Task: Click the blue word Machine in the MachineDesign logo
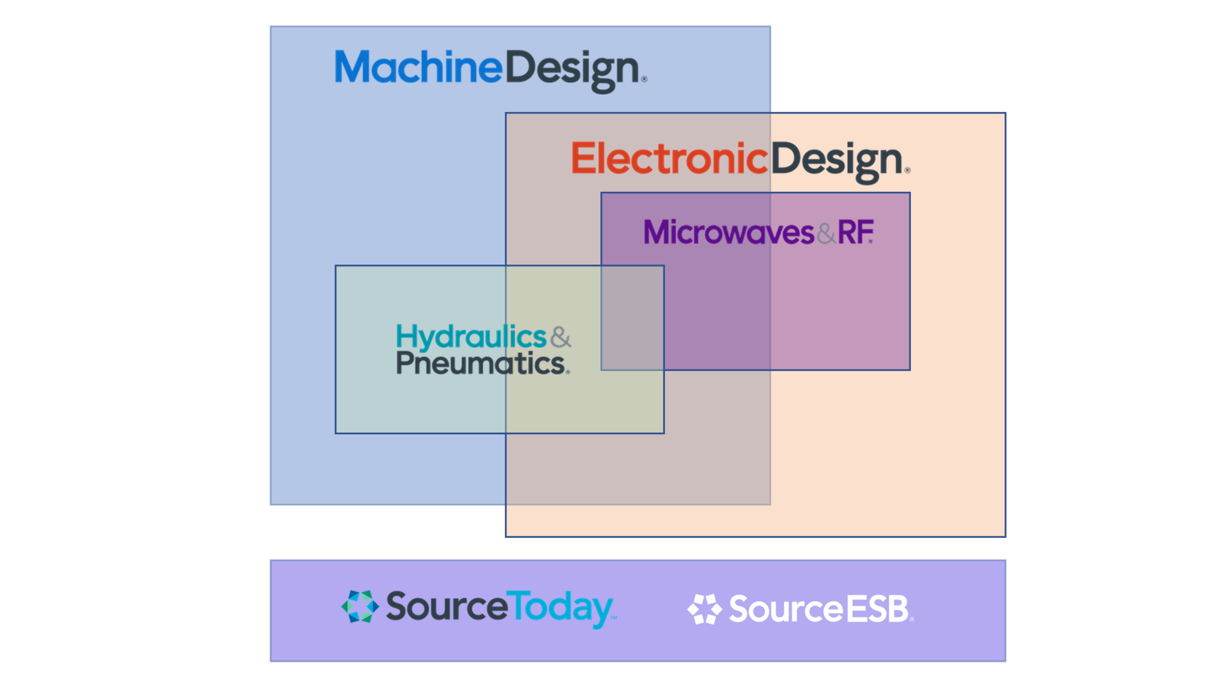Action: pos(418,68)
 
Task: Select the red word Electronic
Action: pos(669,159)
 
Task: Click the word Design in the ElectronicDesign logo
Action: pos(837,160)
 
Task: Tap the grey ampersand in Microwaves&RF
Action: pos(826,234)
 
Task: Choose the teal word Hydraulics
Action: pos(471,336)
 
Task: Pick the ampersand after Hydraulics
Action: pos(561,336)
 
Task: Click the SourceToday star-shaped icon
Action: pos(360,606)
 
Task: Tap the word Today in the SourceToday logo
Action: pos(561,607)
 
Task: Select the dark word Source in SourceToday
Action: pos(447,606)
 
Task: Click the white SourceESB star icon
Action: pos(704,609)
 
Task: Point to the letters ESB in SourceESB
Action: pos(876,609)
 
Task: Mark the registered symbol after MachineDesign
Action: pos(644,79)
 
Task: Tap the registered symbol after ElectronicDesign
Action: pos(907,170)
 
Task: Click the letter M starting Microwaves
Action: pos(654,232)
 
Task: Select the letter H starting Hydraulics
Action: pos(405,336)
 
